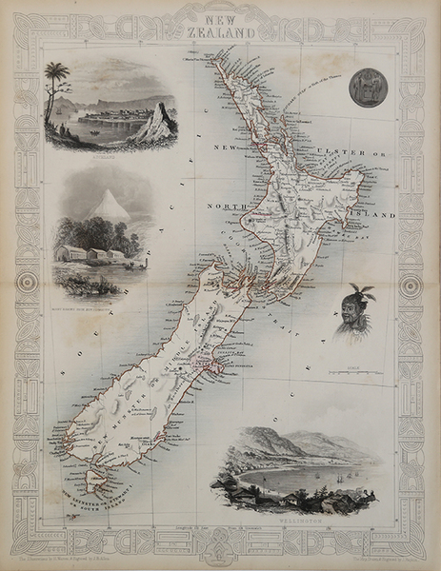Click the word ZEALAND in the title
click(220, 31)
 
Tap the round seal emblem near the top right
click(364, 87)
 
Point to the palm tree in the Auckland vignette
click(57, 74)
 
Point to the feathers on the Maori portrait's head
click(361, 291)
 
